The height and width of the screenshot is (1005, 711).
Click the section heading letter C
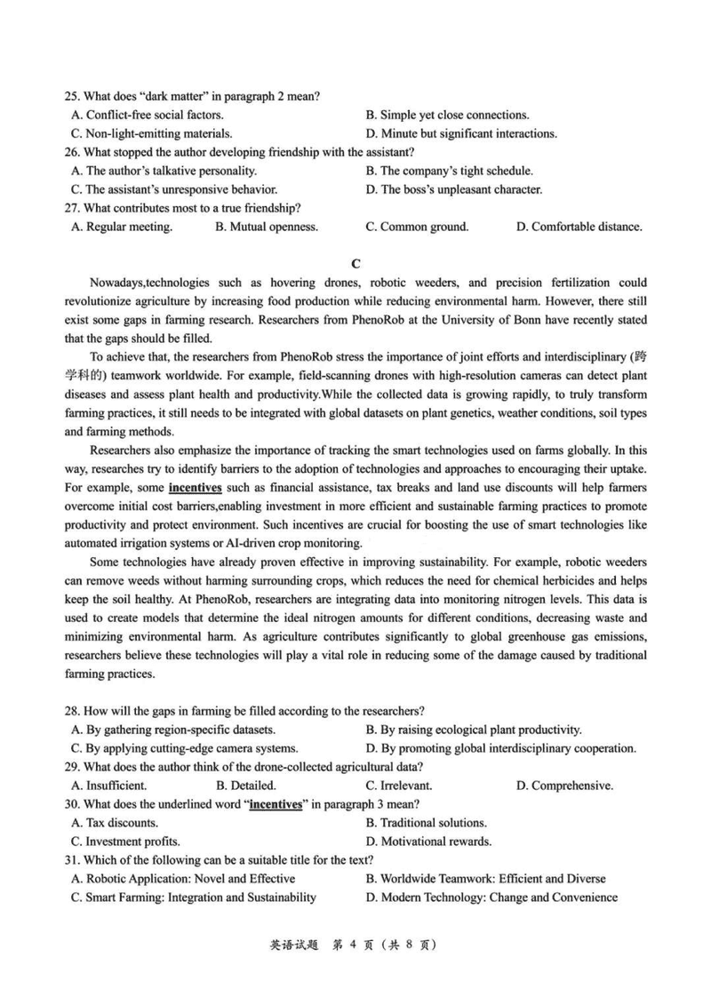click(355, 263)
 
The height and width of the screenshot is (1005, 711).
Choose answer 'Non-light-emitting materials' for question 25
click(151, 134)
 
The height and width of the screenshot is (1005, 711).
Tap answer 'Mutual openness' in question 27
click(267, 227)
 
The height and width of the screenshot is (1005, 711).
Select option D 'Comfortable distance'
click(579, 227)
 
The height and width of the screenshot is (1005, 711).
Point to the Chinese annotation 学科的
click(85, 375)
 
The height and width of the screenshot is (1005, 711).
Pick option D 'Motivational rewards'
click(428, 841)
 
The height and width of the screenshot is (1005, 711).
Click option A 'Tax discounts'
click(114, 823)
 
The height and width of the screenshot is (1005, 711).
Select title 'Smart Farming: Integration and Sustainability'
click(193, 897)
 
